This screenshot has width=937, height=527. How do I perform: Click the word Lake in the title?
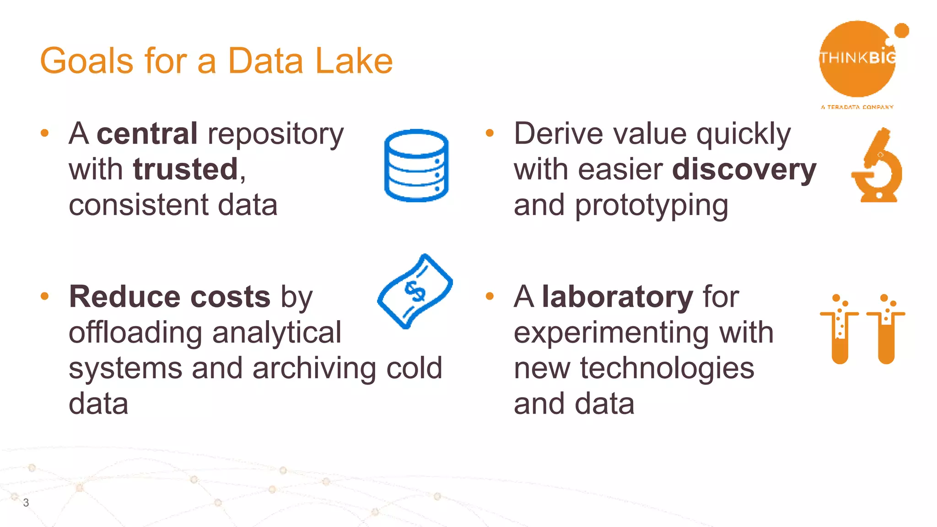point(354,61)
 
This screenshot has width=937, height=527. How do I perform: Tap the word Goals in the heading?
point(86,61)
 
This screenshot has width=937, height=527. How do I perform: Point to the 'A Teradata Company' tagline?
point(857,107)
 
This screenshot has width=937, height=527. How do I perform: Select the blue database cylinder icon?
point(416,166)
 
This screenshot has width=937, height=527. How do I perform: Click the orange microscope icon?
point(878,166)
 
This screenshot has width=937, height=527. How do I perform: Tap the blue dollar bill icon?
point(415,291)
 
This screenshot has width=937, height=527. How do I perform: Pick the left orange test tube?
point(840,332)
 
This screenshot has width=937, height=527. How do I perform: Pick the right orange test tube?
point(886,332)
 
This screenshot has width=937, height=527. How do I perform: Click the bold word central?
point(147,134)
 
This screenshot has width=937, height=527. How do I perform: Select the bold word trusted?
point(185,169)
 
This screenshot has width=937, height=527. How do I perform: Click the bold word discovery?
point(744,169)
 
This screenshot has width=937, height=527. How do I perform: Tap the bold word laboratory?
point(617,297)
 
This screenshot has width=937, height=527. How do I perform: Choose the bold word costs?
point(230,297)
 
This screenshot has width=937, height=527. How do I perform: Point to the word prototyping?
point(652,206)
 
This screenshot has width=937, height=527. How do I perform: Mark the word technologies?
point(667,368)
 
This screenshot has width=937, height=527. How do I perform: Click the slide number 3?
point(26,503)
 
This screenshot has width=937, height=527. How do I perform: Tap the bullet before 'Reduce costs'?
point(44,296)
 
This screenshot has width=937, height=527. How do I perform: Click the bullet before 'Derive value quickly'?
point(490,133)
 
